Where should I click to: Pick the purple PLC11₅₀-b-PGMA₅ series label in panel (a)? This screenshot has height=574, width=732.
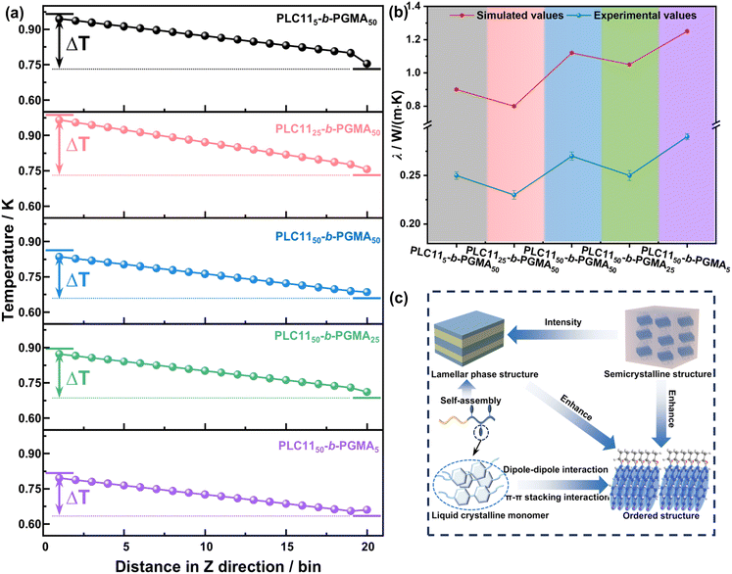[328, 447]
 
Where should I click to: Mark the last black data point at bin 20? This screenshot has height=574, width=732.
[366, 64]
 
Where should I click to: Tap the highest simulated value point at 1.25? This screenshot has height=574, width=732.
[687, 31]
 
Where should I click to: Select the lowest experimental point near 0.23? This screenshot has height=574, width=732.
[514, 195]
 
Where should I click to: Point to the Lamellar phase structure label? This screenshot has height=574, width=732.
[485, 374]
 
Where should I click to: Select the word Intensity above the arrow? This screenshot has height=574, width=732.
[563, 322]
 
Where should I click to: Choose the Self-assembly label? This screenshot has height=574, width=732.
[470, 400]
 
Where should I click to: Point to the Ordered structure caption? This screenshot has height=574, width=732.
[661, 515]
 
